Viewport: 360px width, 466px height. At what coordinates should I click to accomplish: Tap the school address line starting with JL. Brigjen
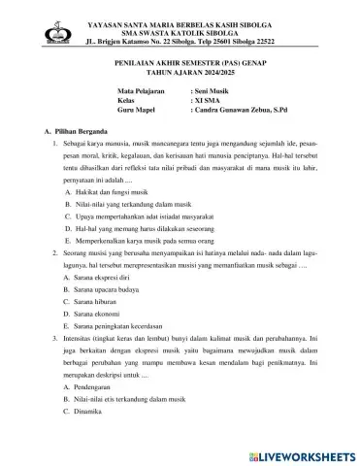point(188,43)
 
